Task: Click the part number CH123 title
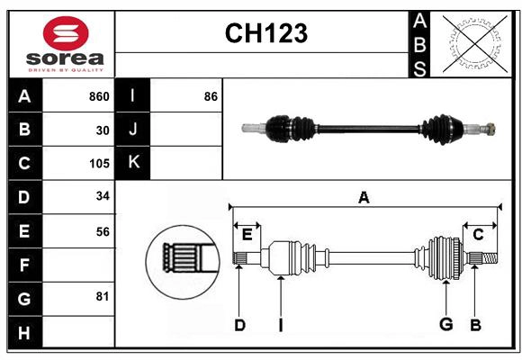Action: pos(265,33)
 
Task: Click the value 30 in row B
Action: pos(103,130)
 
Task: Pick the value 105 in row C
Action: pos(99,164)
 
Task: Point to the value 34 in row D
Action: pos(103,197)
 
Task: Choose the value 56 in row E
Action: pos(103,231)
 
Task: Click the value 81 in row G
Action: pos(103,297)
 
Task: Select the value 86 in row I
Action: pos(211,96)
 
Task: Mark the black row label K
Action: pos(133,163)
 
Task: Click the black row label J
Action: pos(133,130)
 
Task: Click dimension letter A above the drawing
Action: pos(364,197)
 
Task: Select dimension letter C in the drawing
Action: pos(478,234)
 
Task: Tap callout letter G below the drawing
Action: pos(445,325)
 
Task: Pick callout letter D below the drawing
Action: pos(239,325)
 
